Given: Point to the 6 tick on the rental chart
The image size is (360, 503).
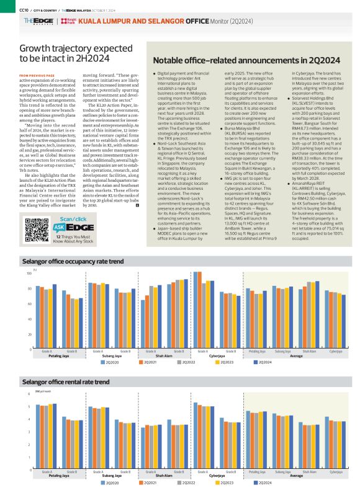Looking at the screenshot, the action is (x=29, y=394).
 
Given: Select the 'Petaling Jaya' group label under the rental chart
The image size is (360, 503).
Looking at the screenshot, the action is (x=59, y=476).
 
